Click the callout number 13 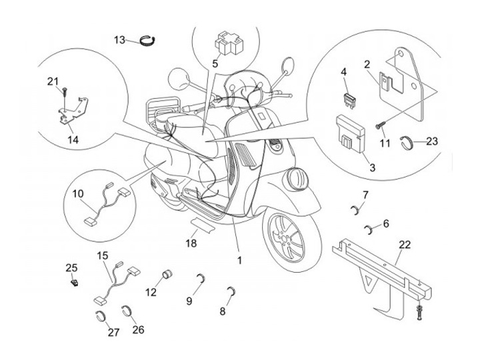(x=119, y=40)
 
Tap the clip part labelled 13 (x=148, y=41)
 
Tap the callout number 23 (x=432, y=141)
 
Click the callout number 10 (x=77, y=193)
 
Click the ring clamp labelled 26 (x=126, y=311)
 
